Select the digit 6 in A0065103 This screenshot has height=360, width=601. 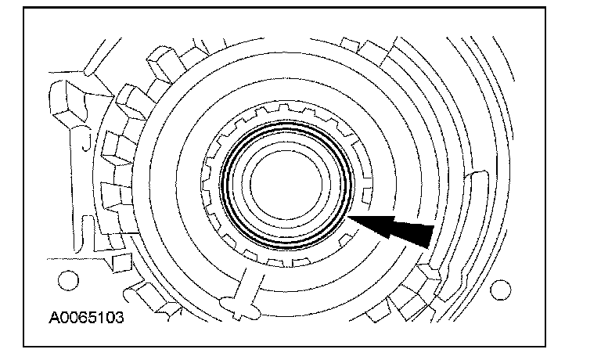click(79, 319)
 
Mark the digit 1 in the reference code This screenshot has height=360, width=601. click(95, 319)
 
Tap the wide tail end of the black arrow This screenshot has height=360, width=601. click(426, 235)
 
